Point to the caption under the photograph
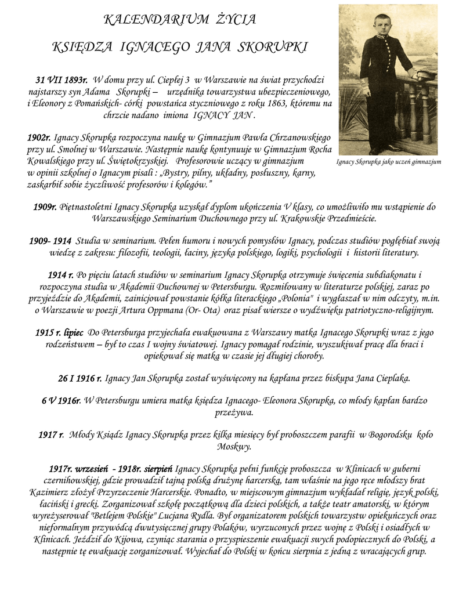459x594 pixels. (x=388, y=162)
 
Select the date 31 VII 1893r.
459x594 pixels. (x=62, y=80)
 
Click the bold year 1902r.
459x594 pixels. (x=39, y=138)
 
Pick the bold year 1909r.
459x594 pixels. (x=45, y=207)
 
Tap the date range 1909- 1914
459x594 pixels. (x=50, y=241)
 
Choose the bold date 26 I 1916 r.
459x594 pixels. (x=80, y=379)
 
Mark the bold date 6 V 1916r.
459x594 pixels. (x=61, y=401)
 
